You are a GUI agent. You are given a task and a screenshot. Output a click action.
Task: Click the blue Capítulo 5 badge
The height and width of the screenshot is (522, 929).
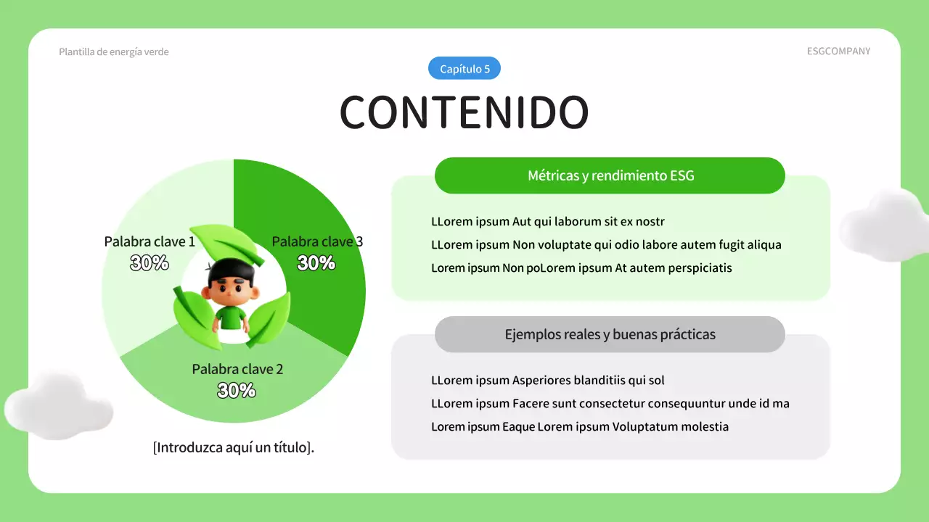tap(464, 69)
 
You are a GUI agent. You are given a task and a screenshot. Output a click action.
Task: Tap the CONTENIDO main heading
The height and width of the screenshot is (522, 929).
tap(464, 112)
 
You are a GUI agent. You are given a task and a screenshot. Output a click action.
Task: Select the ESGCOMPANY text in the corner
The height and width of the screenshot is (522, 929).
tap(838, 51)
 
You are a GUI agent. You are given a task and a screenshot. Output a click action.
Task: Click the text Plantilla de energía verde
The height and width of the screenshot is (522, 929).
tap(114, 52)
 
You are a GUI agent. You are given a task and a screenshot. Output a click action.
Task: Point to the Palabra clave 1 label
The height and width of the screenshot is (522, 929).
tap(150, 241)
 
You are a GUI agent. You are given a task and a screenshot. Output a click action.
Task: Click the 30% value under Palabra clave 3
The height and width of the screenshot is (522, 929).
tap(316, 263)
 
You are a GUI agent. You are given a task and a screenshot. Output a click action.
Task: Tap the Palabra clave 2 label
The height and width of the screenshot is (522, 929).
tap(237, 369)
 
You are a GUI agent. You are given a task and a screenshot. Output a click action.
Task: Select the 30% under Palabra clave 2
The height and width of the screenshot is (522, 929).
tap(237, 391)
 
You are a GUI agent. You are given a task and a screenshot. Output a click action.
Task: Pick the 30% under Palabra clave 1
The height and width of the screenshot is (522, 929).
tap(150, 263)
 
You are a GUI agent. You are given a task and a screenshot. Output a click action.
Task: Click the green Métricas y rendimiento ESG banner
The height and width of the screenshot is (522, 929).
tap(610, 175)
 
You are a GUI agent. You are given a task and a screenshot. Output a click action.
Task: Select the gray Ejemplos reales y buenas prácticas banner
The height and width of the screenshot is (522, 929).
tap(610, 334)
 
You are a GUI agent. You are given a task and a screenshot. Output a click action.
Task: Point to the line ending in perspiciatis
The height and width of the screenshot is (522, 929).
tap(581, 268)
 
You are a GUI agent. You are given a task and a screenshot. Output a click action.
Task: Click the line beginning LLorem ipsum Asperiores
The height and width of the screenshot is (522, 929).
tap(548, 380)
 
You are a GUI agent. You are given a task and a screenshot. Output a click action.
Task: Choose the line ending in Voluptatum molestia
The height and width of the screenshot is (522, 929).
tap(580, 427)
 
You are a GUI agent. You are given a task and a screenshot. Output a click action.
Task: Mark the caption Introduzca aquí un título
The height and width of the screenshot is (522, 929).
tap(234, 447)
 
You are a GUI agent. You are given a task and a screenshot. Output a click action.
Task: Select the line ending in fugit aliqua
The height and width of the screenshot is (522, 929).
tap(606, 245)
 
